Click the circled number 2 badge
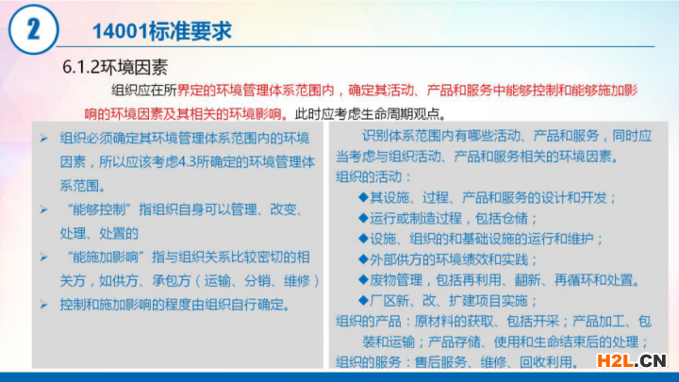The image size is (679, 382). coord(33,29)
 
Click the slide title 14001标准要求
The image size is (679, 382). coord(162,31)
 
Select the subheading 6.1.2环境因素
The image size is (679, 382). coord(115,67)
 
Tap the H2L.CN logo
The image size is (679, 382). coord(631,360)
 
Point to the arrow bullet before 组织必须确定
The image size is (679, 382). coord(43,139)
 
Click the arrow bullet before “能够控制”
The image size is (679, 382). coord(43,210)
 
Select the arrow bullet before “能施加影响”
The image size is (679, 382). coord(43,257)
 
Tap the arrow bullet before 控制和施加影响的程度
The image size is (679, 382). coord(43,305)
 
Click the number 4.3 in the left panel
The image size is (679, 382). coord(188,162)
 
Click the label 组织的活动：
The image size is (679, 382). coord(373,176)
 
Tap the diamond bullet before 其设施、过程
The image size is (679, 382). coord(363,197)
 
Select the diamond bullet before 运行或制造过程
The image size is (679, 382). coord(363,218)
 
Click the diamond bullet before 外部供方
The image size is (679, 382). coord(363,259)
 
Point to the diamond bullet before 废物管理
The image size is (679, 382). coord(363,280)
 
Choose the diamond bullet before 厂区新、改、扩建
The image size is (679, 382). coord(363,300)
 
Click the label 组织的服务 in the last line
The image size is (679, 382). coord(369,362)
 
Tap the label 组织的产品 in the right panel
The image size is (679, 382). coord(369,322)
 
